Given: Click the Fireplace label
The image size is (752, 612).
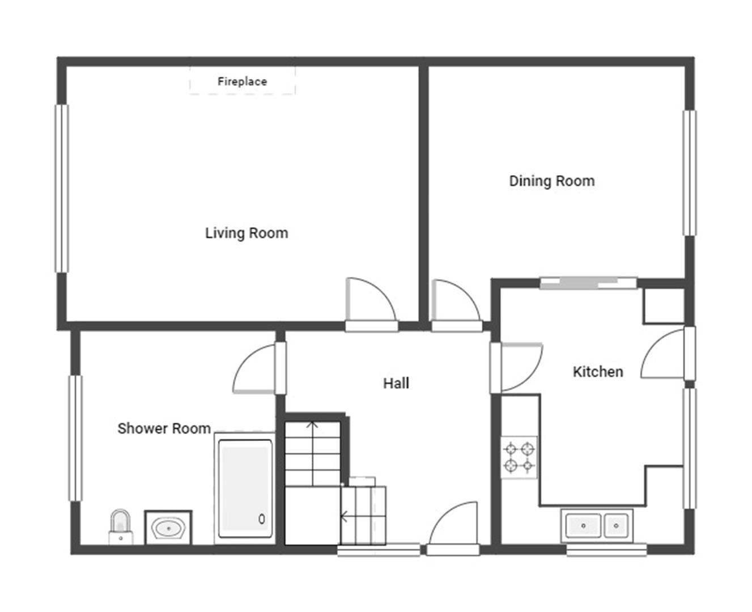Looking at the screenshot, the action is (x=242, y=82).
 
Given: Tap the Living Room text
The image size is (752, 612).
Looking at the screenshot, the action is (x=247, y=233).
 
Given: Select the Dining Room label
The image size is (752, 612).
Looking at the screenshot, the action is (x=551, y=181).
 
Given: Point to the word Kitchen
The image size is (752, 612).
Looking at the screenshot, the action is (x=598, y=372).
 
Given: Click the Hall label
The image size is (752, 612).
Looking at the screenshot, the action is (x=396, y=383).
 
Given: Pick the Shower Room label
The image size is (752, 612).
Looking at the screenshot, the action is (x=164, y=428).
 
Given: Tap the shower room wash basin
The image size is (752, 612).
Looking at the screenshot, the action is (x=168, y=528).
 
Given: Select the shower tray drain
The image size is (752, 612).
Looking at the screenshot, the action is (x=262, y=519).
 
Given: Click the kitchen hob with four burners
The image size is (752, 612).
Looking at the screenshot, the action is (x=519, y=457).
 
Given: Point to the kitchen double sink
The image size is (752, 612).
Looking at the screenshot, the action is (x=597, y=525).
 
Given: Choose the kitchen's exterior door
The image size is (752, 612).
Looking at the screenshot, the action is (x=662, y=353).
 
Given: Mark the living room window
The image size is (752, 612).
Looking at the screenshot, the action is (x=62, y=189).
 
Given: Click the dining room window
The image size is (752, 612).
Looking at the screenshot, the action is (x=690, y=173).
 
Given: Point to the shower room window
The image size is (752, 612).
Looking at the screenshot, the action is (x=75, y=438).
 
